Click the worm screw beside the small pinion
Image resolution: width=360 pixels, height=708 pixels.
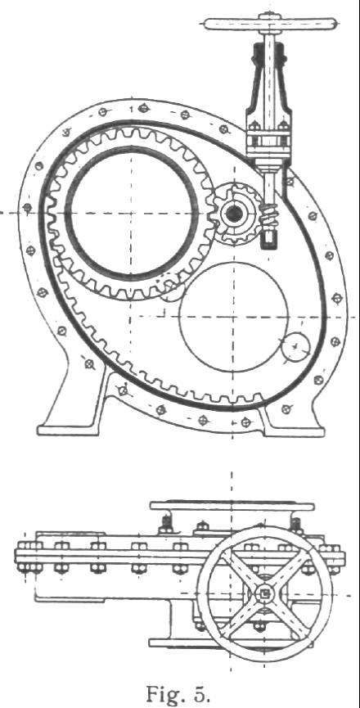[x=269, y=216]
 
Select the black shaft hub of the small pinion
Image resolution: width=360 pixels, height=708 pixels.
[x=234, y=214]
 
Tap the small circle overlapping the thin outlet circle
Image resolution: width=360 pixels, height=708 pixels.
[x=295, y=348]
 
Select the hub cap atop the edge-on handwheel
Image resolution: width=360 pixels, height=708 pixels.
[x=270, y=16]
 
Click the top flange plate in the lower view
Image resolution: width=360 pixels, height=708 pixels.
[x=232, y=506]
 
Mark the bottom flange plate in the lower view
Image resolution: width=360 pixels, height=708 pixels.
[x=230, y=643]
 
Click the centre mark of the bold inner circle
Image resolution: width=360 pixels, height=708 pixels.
[x=131, y=213]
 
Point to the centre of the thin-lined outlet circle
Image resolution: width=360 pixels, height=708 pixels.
[x=234, y=317]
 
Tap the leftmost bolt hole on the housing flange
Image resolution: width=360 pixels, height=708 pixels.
[x=28, y=208]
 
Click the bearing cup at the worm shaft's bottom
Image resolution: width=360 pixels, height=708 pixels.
[x=269, y=238]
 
